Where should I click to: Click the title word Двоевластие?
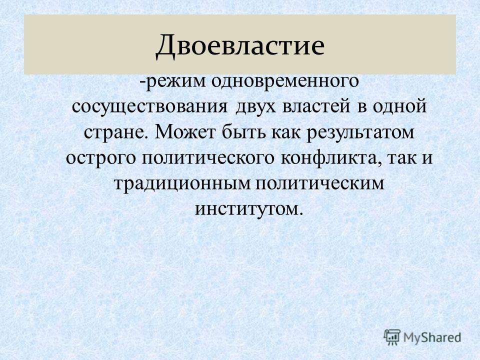[240, 45]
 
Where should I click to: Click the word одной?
[399, 107]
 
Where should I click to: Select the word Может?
[186, 132]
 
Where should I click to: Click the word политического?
[208, 158]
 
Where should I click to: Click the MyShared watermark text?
[432, 337]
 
